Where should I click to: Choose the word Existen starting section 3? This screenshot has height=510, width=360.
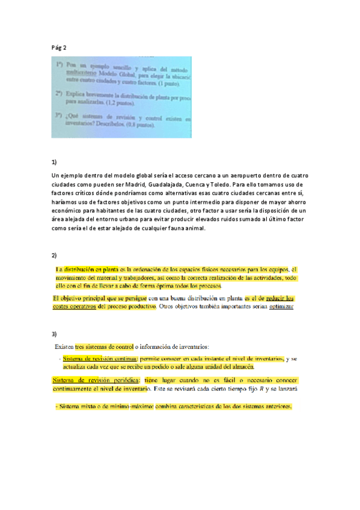(x=64, y=347)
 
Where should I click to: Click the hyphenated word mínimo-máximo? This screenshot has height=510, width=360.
(x=121, y=407)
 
